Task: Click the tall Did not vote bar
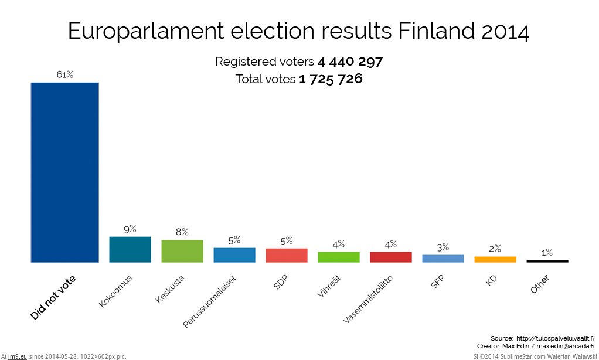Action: point(64,172)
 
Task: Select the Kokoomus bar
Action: point(130,249)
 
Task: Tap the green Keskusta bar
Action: point(182,251)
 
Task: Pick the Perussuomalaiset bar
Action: point(234,254)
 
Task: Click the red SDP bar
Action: point(287,255)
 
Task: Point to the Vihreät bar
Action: point(339,257)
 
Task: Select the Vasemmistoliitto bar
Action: point(391,257)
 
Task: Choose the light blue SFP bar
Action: point(443,258)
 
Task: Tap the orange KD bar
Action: point(495,259)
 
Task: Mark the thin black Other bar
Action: point(547,261)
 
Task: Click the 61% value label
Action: point(64,74)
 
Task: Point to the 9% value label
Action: point(130,229)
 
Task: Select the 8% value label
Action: point(182,232)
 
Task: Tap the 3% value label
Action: point(443,247)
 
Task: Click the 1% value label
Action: point(547,253)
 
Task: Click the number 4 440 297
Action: point(350,62)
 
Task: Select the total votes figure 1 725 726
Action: point(331,79)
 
